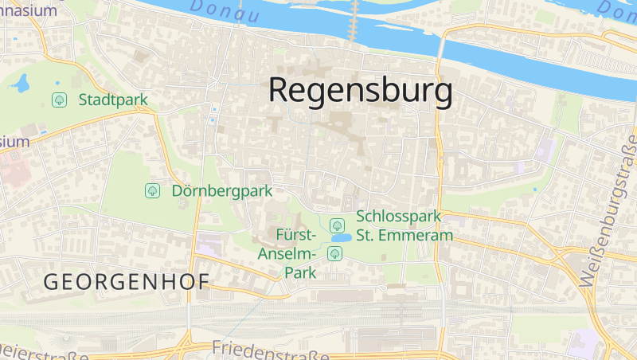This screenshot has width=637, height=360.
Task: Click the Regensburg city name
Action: click(x=360, y=90)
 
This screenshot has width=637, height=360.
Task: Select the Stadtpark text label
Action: click(x=113, y=100)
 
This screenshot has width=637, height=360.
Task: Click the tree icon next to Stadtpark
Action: click(x=58, y=100)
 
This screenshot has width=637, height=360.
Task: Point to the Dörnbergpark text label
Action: click(x=222, y=191)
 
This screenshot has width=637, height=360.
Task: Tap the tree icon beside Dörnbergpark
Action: click(x=151, y=191)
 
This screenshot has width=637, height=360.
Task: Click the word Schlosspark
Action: click(x=399, y=217)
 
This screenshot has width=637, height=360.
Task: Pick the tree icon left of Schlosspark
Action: click(x=337, y=225)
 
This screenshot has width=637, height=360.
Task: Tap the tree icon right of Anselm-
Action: click(x=335, y=253)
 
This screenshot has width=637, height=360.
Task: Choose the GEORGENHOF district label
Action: click(x=126, y=282)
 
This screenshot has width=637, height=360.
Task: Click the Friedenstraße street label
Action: click(x=271, y=351)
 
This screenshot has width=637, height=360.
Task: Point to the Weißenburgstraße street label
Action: click(x=607, y=210)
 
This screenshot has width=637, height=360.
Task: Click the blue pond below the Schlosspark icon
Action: click(x=341, y=238)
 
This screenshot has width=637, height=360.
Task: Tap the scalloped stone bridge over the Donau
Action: click(x=354, y=21)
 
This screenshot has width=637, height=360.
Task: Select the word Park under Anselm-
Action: click(x=300, y=272)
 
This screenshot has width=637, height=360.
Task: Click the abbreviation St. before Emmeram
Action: click(x=367, y=236)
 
